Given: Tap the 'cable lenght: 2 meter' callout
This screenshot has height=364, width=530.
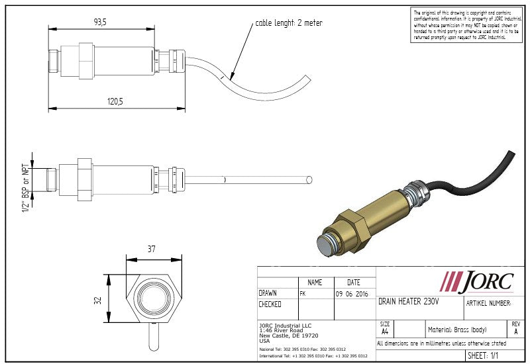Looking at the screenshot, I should [289, 23].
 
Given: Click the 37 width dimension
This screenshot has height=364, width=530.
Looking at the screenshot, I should [151, 249].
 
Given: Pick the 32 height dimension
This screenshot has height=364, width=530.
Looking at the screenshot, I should [98, 300].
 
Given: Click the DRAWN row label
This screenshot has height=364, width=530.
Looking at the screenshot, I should [268, 293].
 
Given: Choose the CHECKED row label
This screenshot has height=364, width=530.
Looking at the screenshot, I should [270, 304].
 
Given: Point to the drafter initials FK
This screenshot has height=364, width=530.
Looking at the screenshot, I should [303, 293].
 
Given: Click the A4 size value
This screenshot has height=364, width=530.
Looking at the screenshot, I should [385, 332].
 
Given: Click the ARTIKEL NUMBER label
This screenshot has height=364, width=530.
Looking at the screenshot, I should [489, 302].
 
